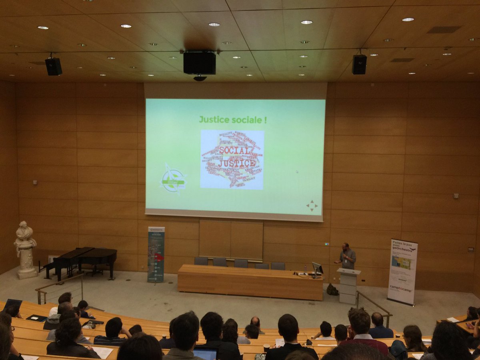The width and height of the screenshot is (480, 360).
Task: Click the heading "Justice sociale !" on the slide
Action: [233, 119]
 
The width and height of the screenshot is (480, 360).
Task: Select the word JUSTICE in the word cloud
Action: [236, 163]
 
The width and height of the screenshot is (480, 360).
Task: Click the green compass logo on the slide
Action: [173, 179]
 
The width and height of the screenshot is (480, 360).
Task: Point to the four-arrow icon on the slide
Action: [312, 206]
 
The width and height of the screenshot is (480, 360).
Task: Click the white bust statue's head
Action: [24, 226]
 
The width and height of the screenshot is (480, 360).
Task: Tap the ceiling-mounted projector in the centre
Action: [199, 63]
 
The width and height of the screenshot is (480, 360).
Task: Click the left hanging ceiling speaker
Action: [53, 66]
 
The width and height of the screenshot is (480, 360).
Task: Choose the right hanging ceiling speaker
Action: [359, 64]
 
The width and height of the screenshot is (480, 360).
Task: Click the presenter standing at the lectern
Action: [347, 256]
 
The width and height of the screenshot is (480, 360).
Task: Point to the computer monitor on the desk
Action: [318, 268]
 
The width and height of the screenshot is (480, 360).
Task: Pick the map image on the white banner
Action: [402, 263]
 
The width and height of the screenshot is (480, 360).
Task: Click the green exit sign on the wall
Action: [327, 244]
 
